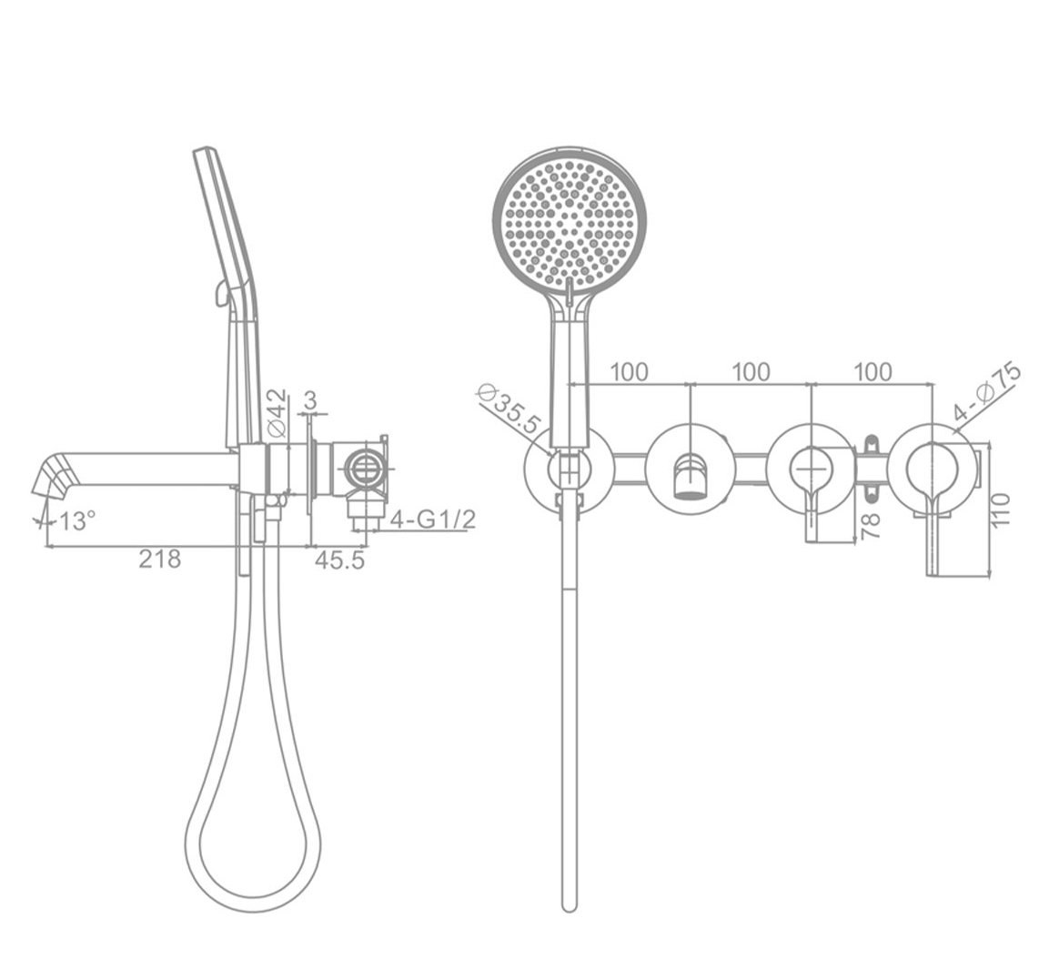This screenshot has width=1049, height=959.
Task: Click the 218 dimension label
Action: [159, 558]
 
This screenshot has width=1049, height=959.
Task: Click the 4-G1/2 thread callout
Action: [433, 520]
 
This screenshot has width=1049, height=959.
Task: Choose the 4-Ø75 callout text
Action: [988, 392]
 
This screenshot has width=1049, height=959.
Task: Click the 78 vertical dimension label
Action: [871, 526]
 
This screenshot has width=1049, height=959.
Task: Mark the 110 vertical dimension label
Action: [1001, 510]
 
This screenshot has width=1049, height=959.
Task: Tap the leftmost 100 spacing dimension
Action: [629, 371]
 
